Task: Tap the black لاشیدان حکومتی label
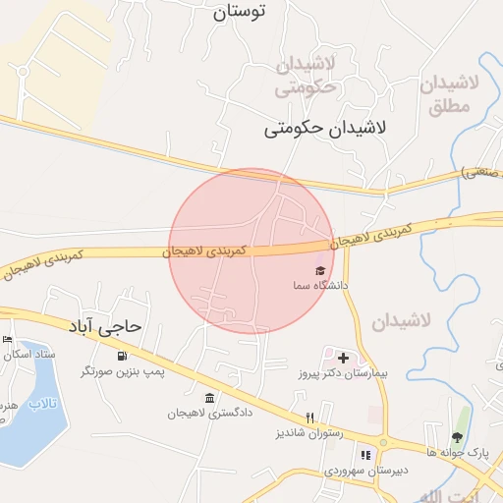coord(326,128)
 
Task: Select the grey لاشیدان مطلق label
coord(449,95)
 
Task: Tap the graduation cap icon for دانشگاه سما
coord(319,270)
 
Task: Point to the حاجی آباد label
coord(105,324)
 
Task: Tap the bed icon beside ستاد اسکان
coord(8,339)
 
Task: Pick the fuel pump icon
coord(122,356)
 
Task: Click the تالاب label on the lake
coord(43,404)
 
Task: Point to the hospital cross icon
coord(342,358)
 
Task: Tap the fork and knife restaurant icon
coord(310,418)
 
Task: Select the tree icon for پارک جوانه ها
coord(457,437)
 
